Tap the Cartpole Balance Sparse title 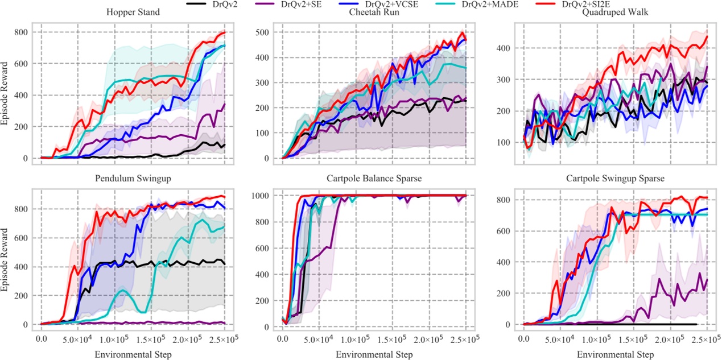pyautogui.click(x=374, y=179)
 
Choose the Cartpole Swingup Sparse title pyautogui.click(x=615, y=179)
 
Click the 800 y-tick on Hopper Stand pyautogui.click(x=20, y=32)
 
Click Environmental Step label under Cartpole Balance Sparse pyautogui.click(x=374, y=354)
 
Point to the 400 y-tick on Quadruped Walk pyautogui.click(x=503, y=49)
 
